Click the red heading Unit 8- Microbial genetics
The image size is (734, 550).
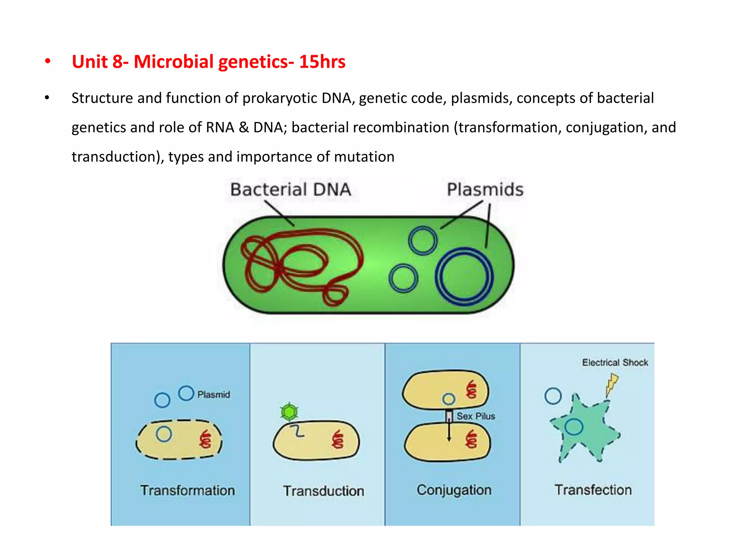[208, 62]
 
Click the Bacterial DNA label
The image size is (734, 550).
[290, 189]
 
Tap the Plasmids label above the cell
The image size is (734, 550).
[485, 189]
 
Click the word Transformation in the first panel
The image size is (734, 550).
[187, 490]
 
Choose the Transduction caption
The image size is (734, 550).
[323, 491]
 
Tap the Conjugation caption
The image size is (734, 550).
[454, 490]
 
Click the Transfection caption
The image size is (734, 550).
[593, 490]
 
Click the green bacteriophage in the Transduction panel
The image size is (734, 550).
[289, 412]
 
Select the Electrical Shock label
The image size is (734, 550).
[615, 362]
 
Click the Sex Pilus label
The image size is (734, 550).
[476, 416]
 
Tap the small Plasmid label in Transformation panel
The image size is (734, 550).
[214, 395]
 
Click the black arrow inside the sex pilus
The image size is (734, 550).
[449, 430]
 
